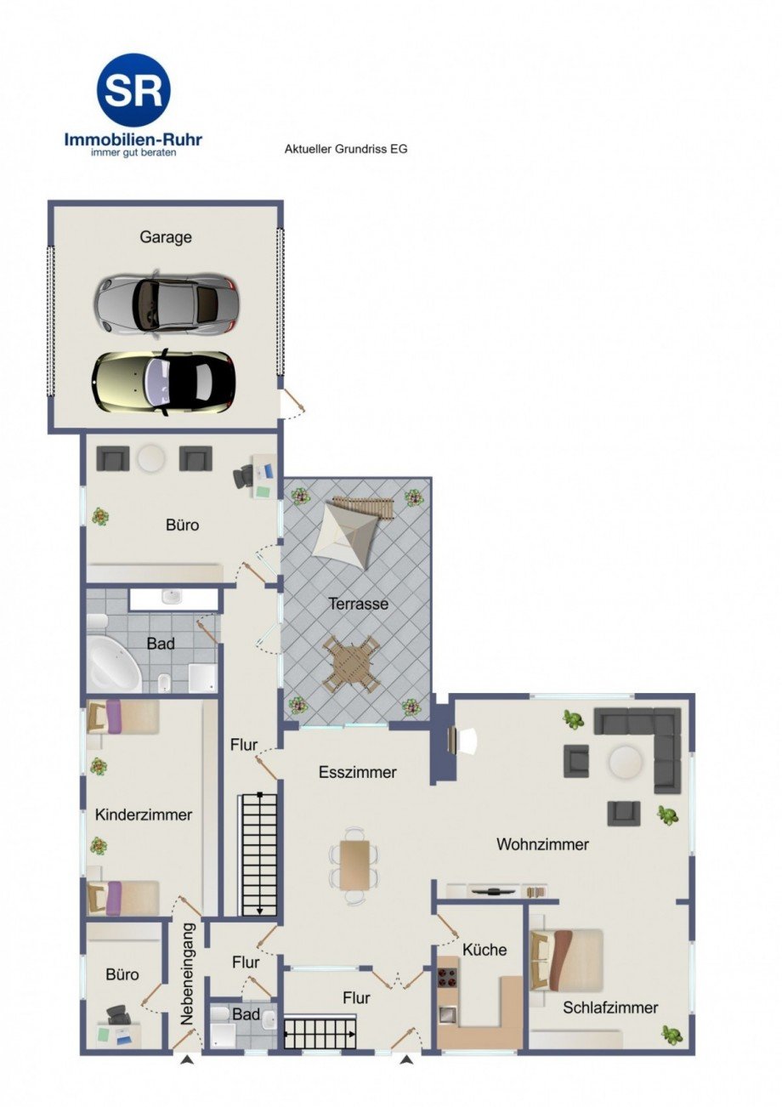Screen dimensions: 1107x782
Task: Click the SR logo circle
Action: coord(133,90)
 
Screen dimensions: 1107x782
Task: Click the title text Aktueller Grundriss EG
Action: coord(345,149)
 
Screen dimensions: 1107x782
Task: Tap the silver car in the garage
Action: coord(166,302)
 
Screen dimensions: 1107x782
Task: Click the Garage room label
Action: coord(166,238)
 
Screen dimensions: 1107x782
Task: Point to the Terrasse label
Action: coord(359,605)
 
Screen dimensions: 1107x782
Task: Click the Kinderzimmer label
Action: coord(144,815)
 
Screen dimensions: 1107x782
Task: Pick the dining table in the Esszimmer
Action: coord(354,864)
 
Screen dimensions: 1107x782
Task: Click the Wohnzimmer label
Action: coord(543,844)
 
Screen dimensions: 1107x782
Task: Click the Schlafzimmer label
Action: coord(610,1008)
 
